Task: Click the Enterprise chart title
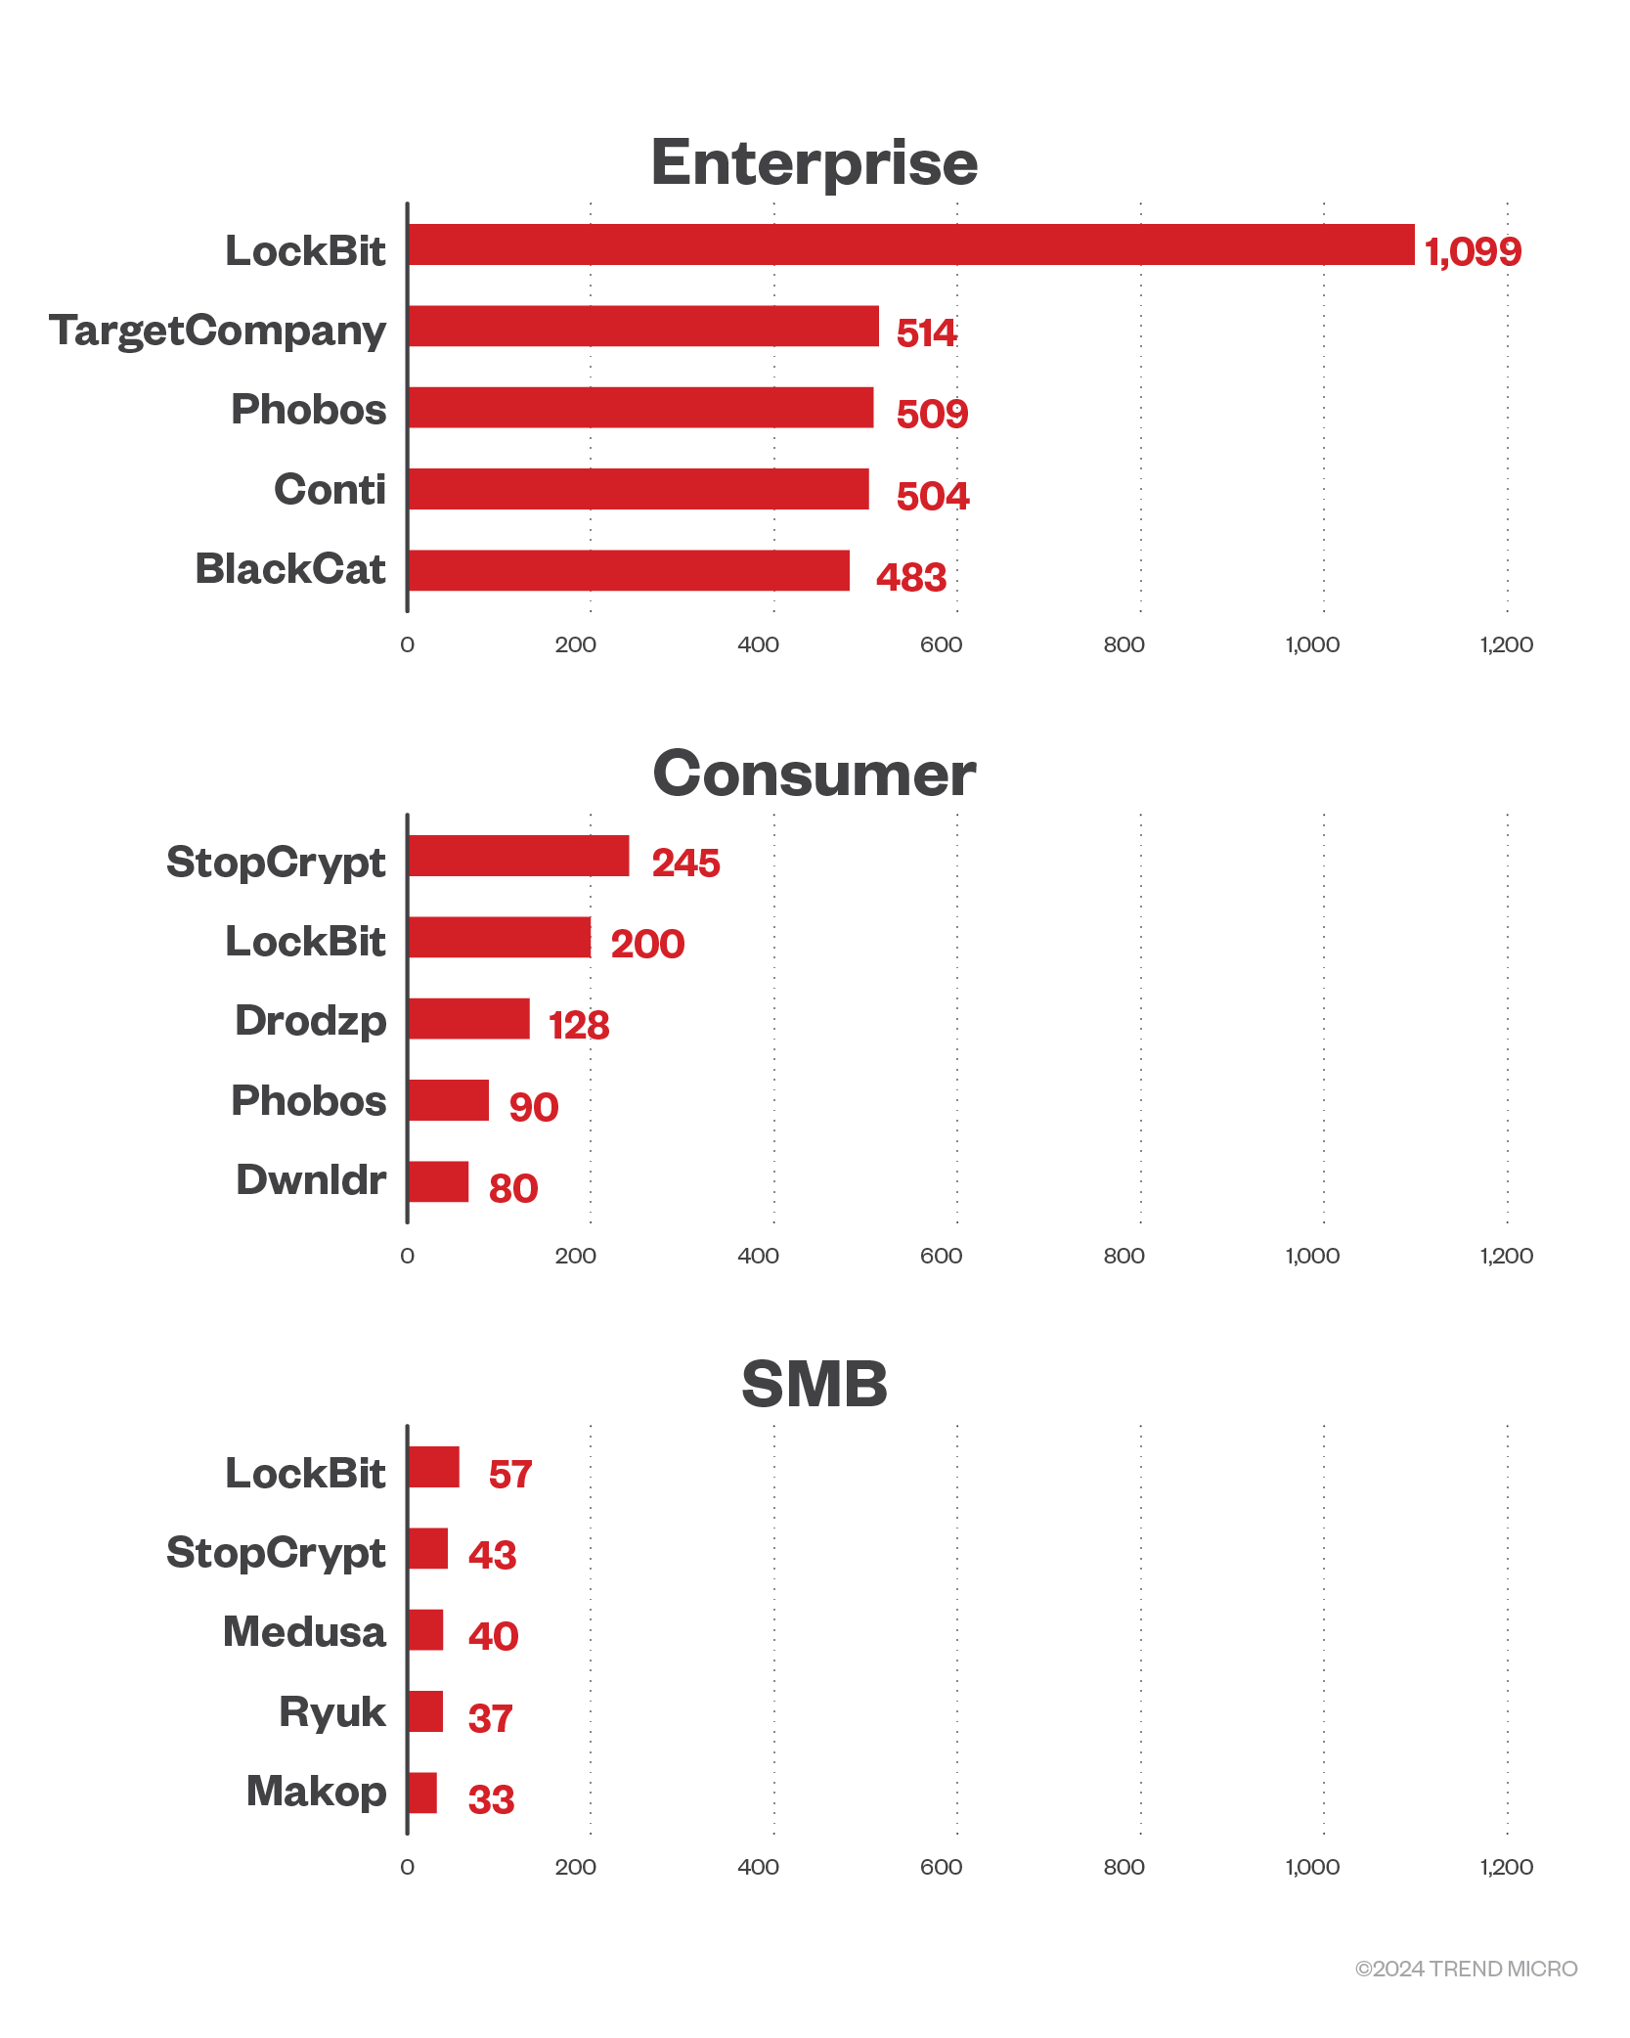[x=814, y=162]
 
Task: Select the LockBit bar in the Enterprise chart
[x=910, y=244]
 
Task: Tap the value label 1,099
[x=1473, y=252]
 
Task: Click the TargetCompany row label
[x=217, y=332]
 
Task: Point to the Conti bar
[x=639, y=489]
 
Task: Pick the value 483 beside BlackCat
[x=910, y=578]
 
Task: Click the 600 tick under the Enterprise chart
[x=941, y=644]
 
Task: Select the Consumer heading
[x=814, y=774]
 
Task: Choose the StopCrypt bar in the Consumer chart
[x=518, y=856]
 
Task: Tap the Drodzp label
[x=310, y=1021]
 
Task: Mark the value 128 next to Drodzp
[x=579, y=1026]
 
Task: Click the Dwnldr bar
[x=438, y=1181]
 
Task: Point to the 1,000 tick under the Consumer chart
[x=1311, y=1256]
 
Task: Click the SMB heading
[x=814, y=1385]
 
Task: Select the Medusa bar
[x=425, y=1630]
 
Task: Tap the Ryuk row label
[x=331, y=1712]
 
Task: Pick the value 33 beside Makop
[x=491, y=1800]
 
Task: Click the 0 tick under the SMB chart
[x=407, y=1867]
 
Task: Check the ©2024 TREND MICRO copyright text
[x=1466, y=1969]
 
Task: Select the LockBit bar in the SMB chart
[x=433, y=1467]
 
